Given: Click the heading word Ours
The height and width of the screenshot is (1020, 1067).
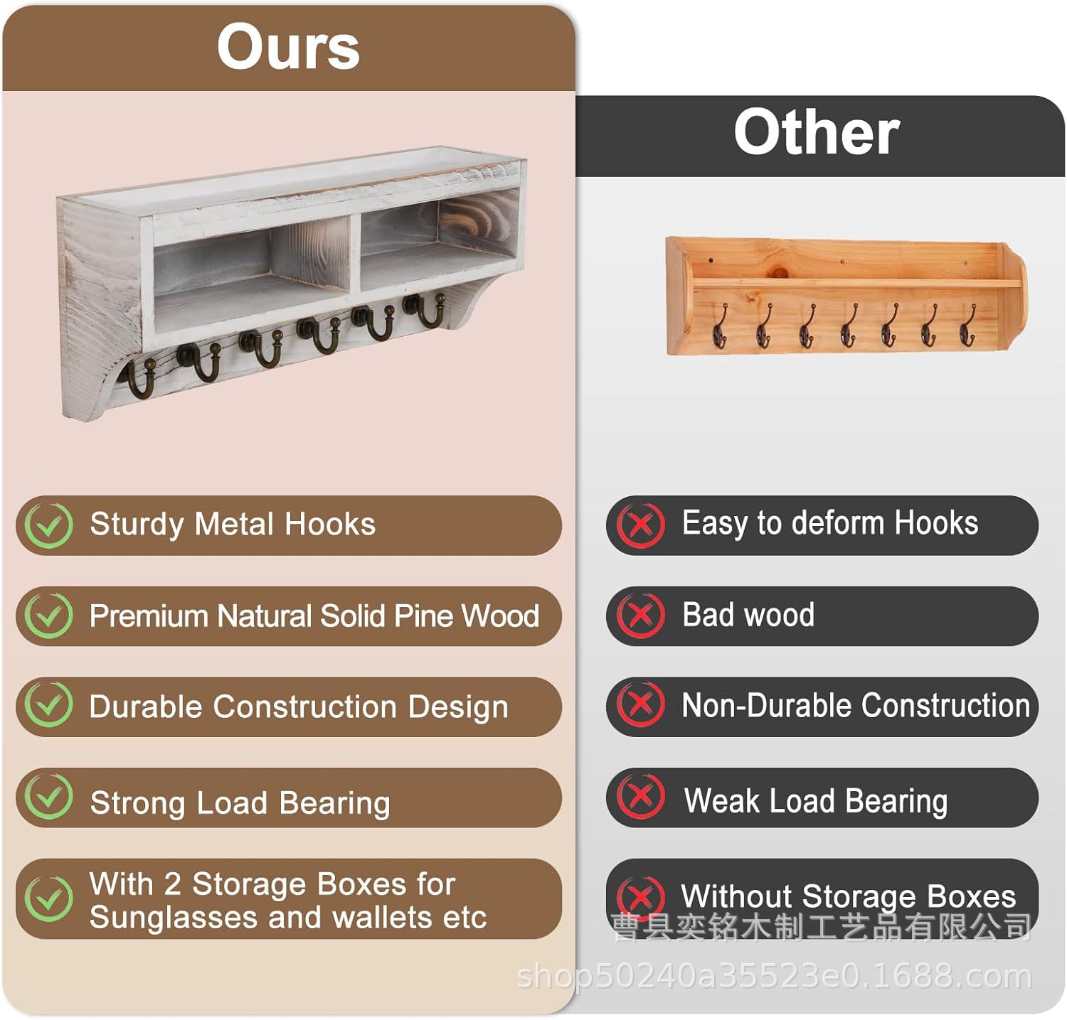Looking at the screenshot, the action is click(x=288, y=47).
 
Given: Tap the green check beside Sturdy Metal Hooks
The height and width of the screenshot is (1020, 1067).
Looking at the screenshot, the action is click(x=48, y=525).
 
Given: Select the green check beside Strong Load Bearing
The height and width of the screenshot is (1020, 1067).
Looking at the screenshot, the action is click(x=48, y=797).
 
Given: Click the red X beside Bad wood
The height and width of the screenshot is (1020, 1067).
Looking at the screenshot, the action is click(x=640, y=615).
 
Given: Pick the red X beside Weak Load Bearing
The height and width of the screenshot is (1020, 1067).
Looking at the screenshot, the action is click(x=640, y=797).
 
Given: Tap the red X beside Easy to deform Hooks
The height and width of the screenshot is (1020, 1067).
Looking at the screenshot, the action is click(x=640, y=525).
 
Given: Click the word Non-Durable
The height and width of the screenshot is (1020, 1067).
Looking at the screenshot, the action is click(x=767, y=706).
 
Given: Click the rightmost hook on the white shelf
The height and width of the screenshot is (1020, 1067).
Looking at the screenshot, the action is click(x=425, y=310).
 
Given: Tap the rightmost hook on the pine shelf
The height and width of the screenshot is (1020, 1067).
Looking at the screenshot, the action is click(x=967, y=326).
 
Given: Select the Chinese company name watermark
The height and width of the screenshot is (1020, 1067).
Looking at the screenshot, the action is click(x=822, y=927).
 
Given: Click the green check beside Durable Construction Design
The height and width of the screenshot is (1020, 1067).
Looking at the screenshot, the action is click(x=48, y=705).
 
